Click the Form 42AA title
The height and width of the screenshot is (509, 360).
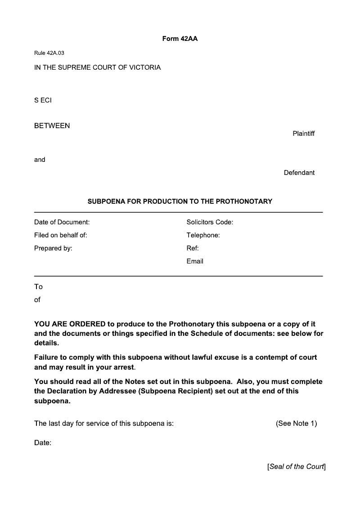coord(180,39)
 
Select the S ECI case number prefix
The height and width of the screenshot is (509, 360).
coord(43,100)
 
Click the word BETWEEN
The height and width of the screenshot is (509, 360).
coord(52,126)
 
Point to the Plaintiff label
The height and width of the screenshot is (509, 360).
coord(303,134)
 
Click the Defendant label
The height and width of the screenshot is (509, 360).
coord(299,173)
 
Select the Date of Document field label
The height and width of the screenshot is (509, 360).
coord(62,222)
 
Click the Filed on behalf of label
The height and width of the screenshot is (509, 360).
coord(61,235)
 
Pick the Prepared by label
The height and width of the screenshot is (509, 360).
coord(53,248)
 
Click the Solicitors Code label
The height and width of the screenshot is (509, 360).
coord(210,222)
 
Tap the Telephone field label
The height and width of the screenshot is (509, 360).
coord(203,235)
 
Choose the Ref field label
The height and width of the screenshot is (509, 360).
coord(193,248)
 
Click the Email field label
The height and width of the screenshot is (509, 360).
coord(195,261)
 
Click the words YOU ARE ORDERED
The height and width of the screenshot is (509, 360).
coord(70,324)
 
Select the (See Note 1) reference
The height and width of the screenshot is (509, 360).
coord(296,424)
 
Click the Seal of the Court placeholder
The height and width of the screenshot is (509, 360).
coord(296,467)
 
